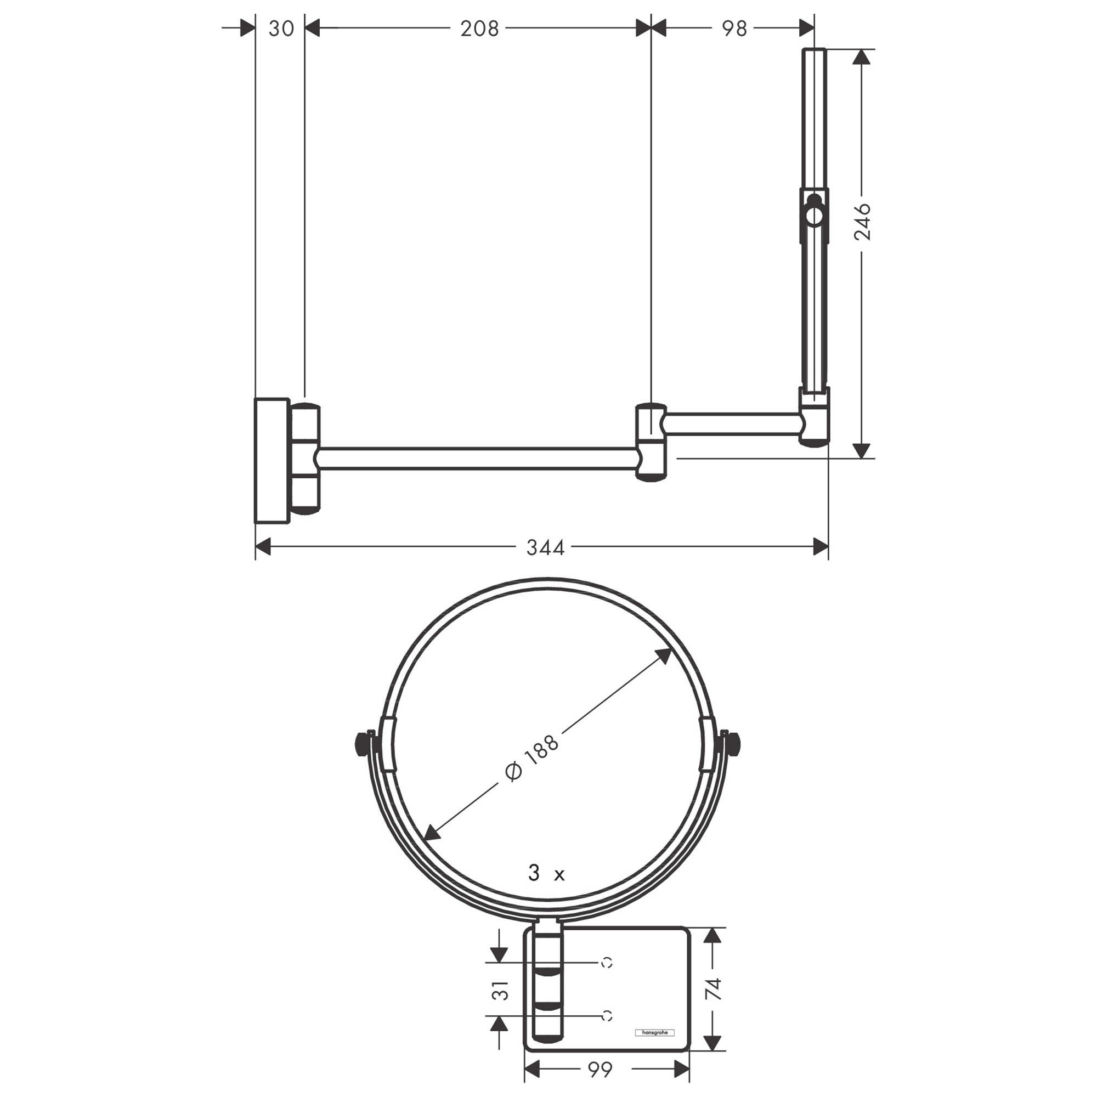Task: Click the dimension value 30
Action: pyautogui.click(x=281, y=29)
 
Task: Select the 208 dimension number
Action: pyautogui.click(x=479, y=29)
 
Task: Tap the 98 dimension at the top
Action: pyautogui.click(x=734, y=29)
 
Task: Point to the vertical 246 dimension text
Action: pyautogui.click(x=862, y=222)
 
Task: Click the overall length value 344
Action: pyautogui.click(x=545, y=547)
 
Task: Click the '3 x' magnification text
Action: pyautogui.click(x=546, y=873)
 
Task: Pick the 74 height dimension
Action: pyautogui.click(x=713, y=989)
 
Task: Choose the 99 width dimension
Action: pyautogui.click(x=600, y=1070)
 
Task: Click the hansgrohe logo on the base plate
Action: pyautogui.click(x=654, y=1032)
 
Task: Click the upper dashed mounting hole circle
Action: pyautogui.click(x=607, y=963)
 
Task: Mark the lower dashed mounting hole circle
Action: pyautogui.click(x=607, y=1016)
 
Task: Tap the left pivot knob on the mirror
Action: pyautogui.click(x=360, y=744)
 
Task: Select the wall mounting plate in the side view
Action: pyautogui.click(x=272, y=461)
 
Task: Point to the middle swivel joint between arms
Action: pyautogui.click(x=651, y=442)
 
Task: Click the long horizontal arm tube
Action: pyautogui.click(x=477, y=459)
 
